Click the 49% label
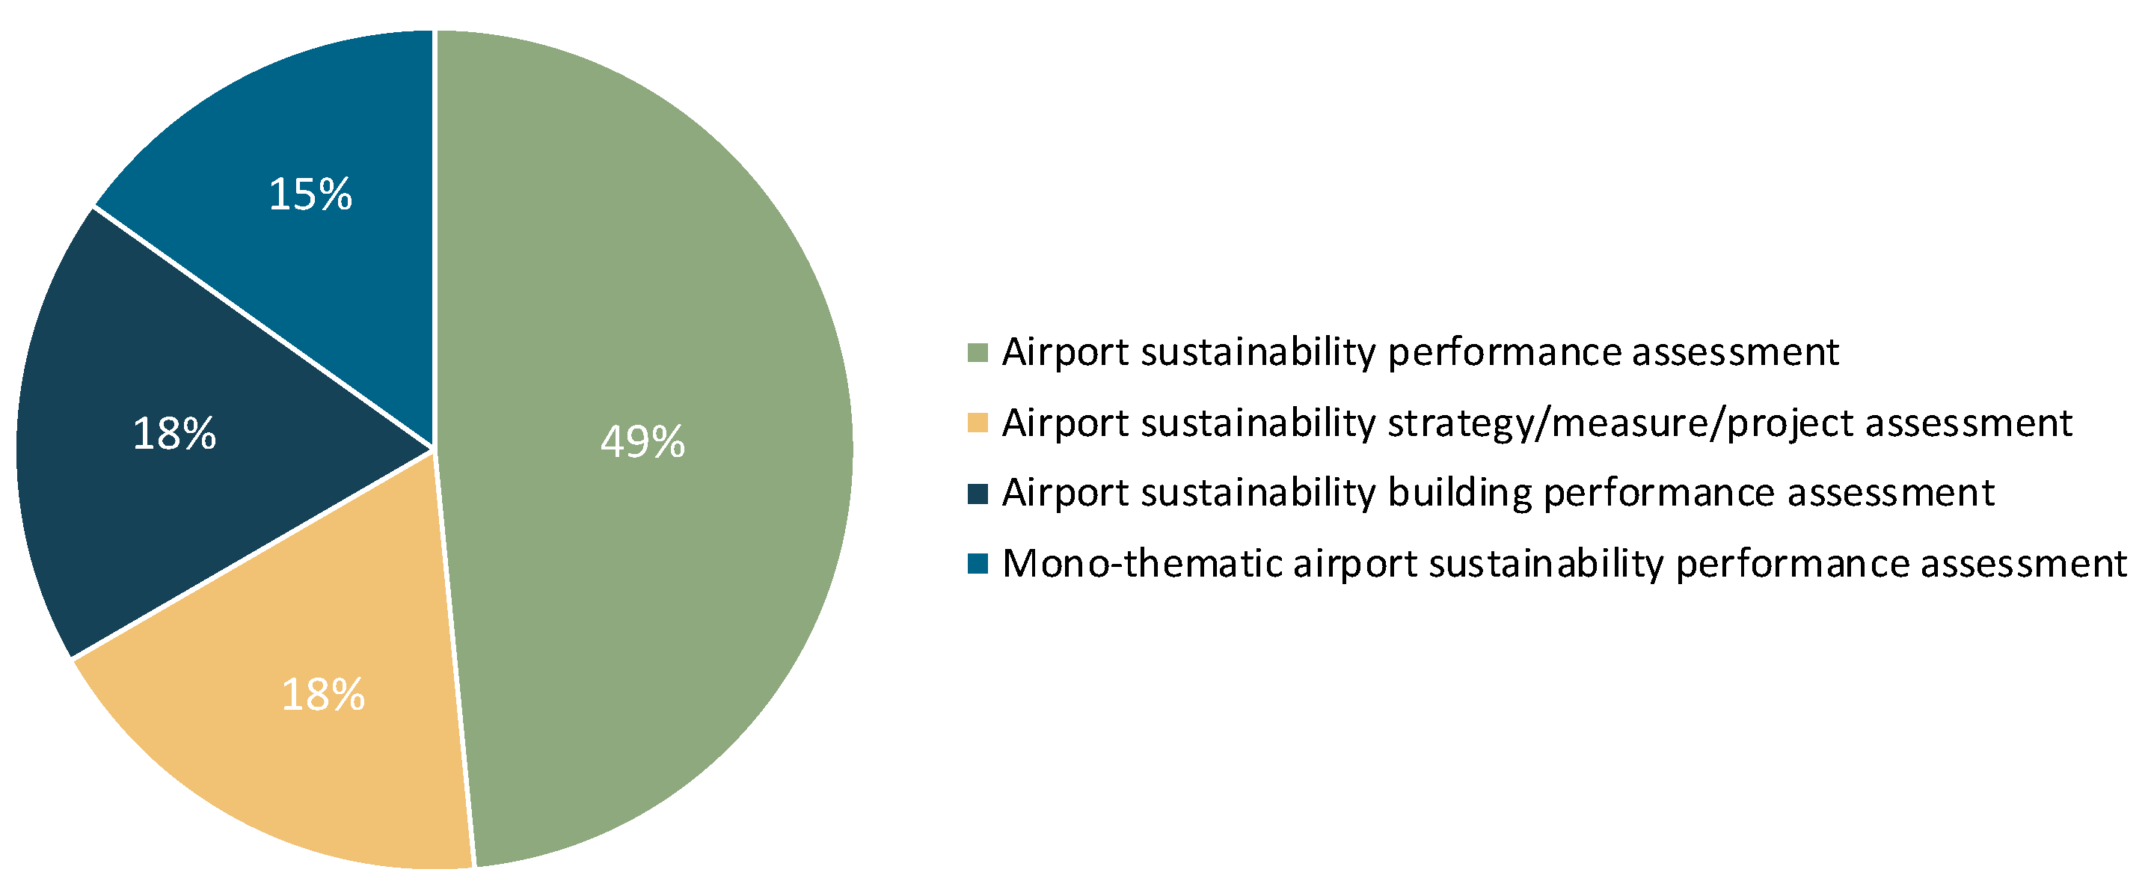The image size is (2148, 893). coord(642,442)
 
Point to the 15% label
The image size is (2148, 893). coord(310,195)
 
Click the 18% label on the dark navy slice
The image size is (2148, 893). coord(174,435)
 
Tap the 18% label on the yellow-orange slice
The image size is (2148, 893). coord(322,695)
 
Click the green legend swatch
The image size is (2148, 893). coord(978,353)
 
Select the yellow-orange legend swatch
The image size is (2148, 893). coord(978,423)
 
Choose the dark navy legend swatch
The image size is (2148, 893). coord(978,494)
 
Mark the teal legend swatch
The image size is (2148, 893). coord(978,564)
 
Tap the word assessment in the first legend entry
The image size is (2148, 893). coord(1734,353)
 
